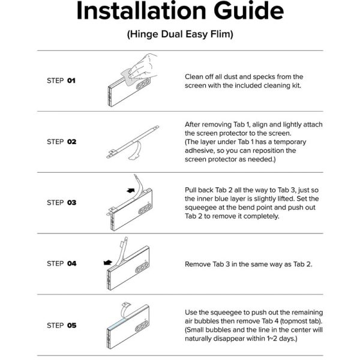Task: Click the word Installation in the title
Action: [x=141, y=11]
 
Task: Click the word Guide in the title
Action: [x=248, y=11]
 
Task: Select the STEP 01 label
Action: [x=61, y=80]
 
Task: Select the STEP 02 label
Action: [x=62, y=142]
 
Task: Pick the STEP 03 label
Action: [x=62, y=203]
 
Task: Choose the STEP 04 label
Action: [x=62, y=263]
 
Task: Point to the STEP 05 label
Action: [x=62, y=325]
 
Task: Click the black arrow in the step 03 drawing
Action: [x=131, y=190]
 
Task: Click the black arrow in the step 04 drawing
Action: [x=107, y=262]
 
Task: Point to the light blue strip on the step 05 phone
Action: [x=122, y=323]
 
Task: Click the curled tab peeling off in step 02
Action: [x=136, y=152]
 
